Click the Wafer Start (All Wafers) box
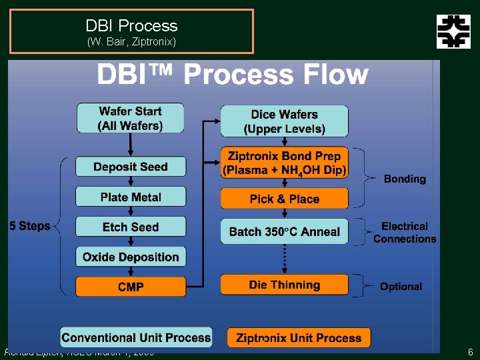130,118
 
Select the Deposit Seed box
130,167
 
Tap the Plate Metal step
130,197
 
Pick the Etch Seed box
130,227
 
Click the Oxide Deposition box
130,257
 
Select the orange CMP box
130,287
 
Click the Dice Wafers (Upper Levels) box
284,121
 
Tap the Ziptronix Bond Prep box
284,163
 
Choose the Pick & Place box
284,199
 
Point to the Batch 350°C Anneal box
284,231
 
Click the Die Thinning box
284,285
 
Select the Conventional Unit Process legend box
136,337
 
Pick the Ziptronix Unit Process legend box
298,337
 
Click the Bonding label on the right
405,179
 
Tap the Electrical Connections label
405,233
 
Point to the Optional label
401,286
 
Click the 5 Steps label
30,226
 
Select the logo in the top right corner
453,31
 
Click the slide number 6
470,352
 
